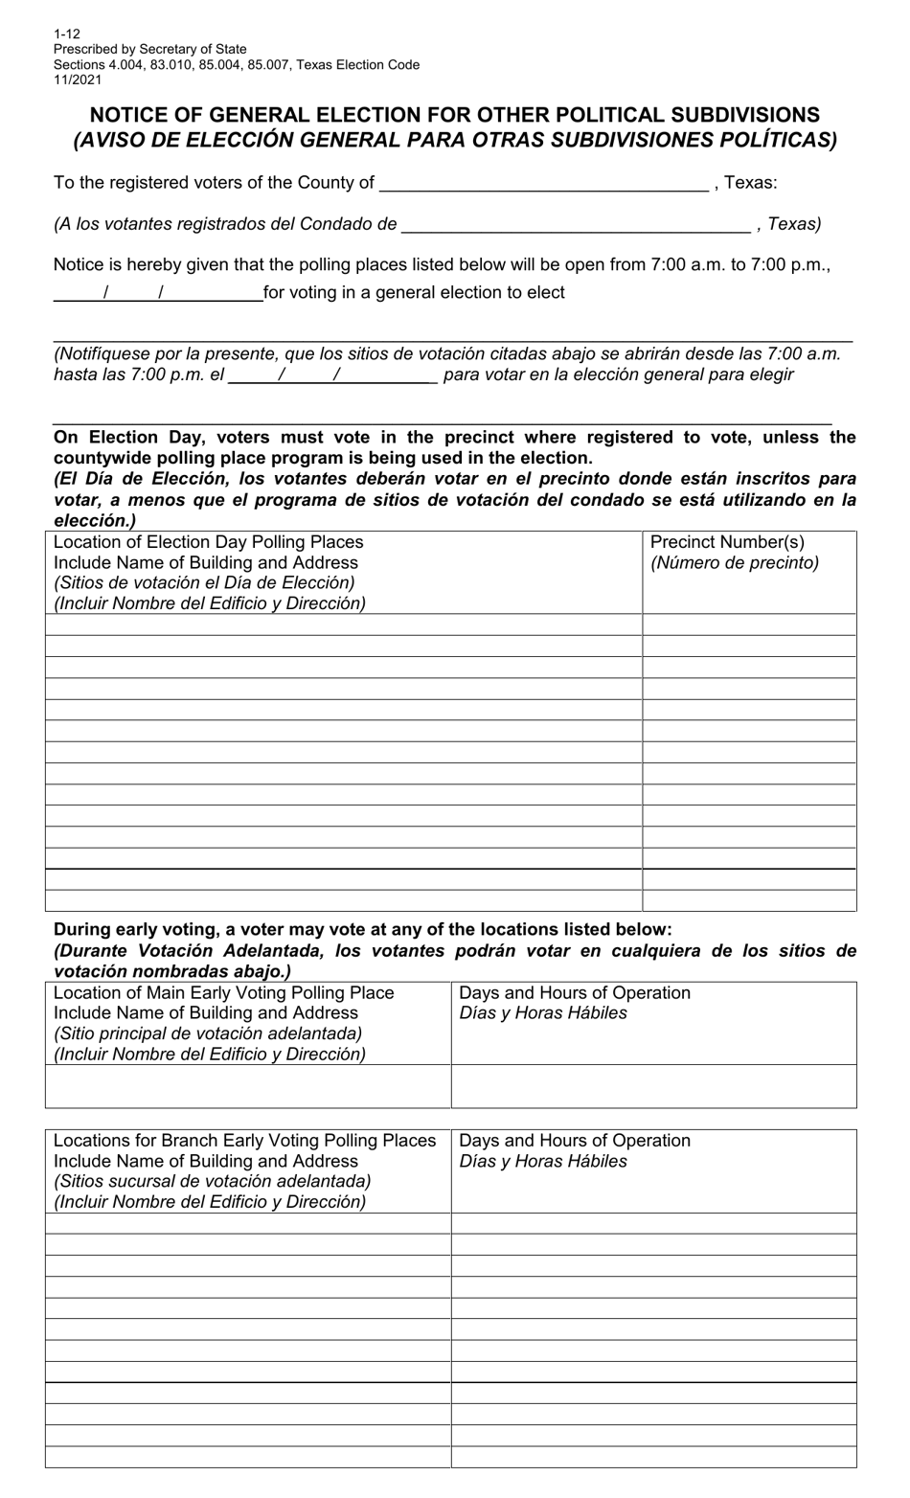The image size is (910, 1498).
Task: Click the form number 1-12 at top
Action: pos(67,34)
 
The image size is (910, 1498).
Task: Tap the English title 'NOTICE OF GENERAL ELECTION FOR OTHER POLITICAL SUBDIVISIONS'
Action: pos(454,115)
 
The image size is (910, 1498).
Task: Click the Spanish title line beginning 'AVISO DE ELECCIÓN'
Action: pos(454,140)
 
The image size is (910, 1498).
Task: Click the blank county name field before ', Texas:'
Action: pos(543,183)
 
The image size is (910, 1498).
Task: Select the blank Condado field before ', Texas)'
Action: pos(576,224)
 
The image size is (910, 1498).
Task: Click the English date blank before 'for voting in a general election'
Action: pos(157,293)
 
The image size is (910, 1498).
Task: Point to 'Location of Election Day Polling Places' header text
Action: pos(209,542)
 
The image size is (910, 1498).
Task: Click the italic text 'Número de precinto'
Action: pos(735,563)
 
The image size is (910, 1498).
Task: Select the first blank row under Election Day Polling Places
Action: pos(343,624)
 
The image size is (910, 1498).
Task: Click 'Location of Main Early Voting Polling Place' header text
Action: pos(224,993)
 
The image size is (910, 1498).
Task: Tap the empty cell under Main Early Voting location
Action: pos(248,1086)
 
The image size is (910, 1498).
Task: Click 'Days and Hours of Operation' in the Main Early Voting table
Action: pos(575,993)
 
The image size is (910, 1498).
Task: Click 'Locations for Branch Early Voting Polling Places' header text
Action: pos(245,1141)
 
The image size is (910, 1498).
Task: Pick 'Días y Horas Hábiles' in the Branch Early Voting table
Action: pos(543,1162)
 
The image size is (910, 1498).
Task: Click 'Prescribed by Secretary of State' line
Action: pos(150,49)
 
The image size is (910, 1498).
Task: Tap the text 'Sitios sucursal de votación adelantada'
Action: pos(213,1182)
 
